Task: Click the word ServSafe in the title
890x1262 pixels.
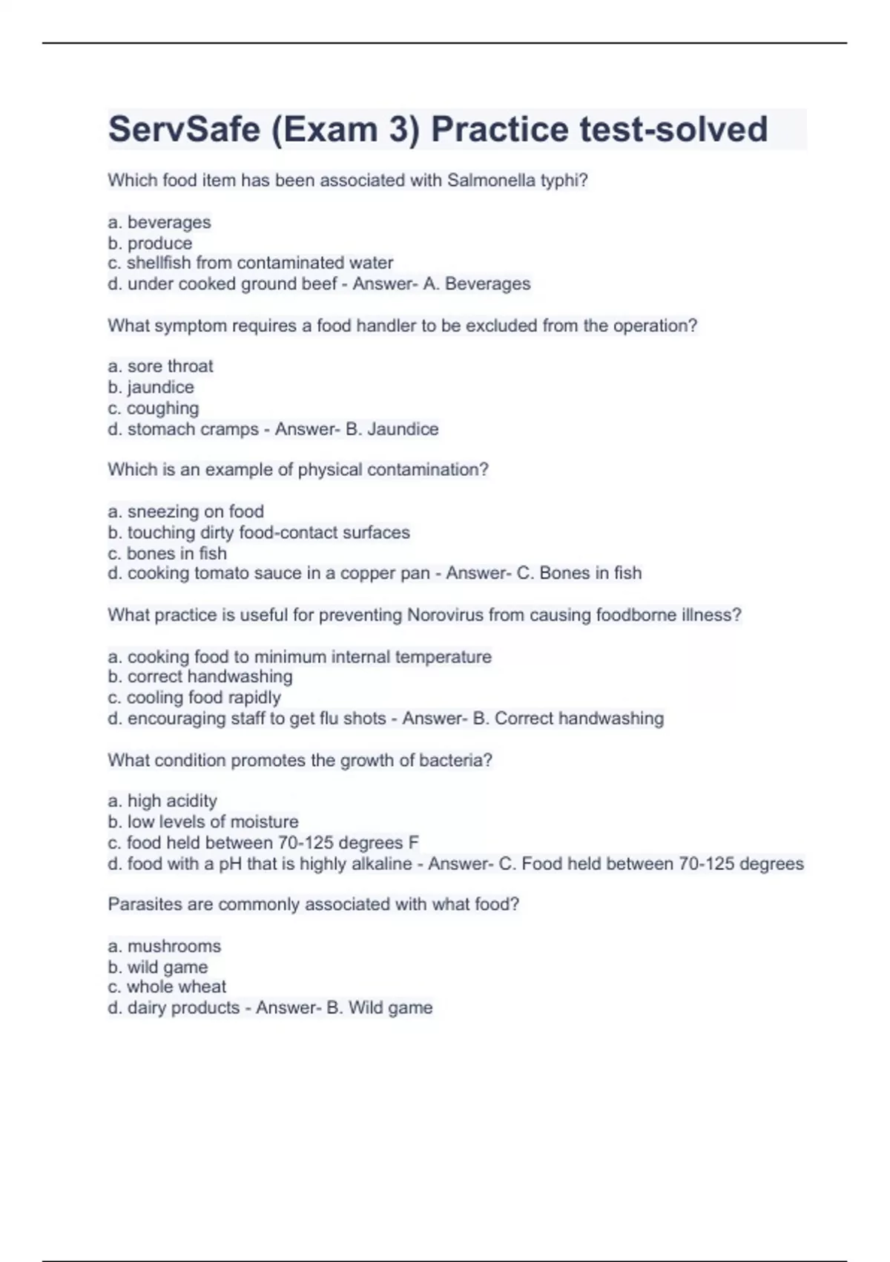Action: [184, 130]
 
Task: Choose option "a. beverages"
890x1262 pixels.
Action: [159, 222]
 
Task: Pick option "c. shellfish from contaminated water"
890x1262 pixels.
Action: [251, 263]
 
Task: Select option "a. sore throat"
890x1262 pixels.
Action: [160, 366]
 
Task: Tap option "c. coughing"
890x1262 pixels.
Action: [154, 408]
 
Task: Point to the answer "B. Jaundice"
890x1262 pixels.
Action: [392, 429]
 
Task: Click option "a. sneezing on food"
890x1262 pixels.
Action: [186, 511]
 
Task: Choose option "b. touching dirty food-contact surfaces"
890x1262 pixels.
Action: [259, 532]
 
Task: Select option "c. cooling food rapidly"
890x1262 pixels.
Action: [194, 698]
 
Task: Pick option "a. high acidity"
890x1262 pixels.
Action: [162, 801]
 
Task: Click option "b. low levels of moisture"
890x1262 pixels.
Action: [203, 822]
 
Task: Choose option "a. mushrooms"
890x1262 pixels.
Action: [165, 946]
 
